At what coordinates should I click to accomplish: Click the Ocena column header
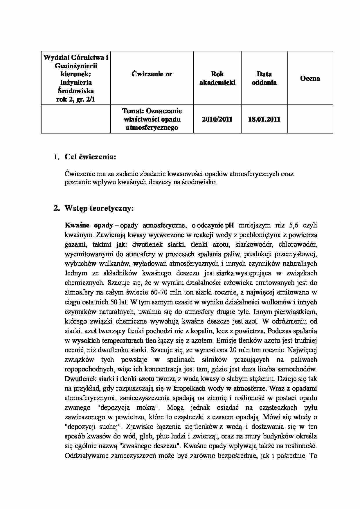pos(310,78)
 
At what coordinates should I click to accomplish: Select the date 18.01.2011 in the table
pos(264,119)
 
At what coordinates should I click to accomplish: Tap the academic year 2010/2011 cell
pos(217,119)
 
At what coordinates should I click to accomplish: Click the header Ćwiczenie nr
pos(152,74)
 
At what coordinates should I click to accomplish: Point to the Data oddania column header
pos(264,78)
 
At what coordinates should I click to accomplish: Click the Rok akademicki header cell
pos(217,78)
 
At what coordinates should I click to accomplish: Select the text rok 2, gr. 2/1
pos(76,100)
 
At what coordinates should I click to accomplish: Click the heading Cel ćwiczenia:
pos(90,157)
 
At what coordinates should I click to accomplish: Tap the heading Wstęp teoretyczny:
pos(99,208)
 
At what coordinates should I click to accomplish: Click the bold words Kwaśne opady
pos(89,225)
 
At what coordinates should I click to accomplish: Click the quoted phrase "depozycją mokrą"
pos(125,407)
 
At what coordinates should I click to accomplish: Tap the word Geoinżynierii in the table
pos(76,66)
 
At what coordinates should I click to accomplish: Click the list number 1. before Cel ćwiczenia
pos(56,157)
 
